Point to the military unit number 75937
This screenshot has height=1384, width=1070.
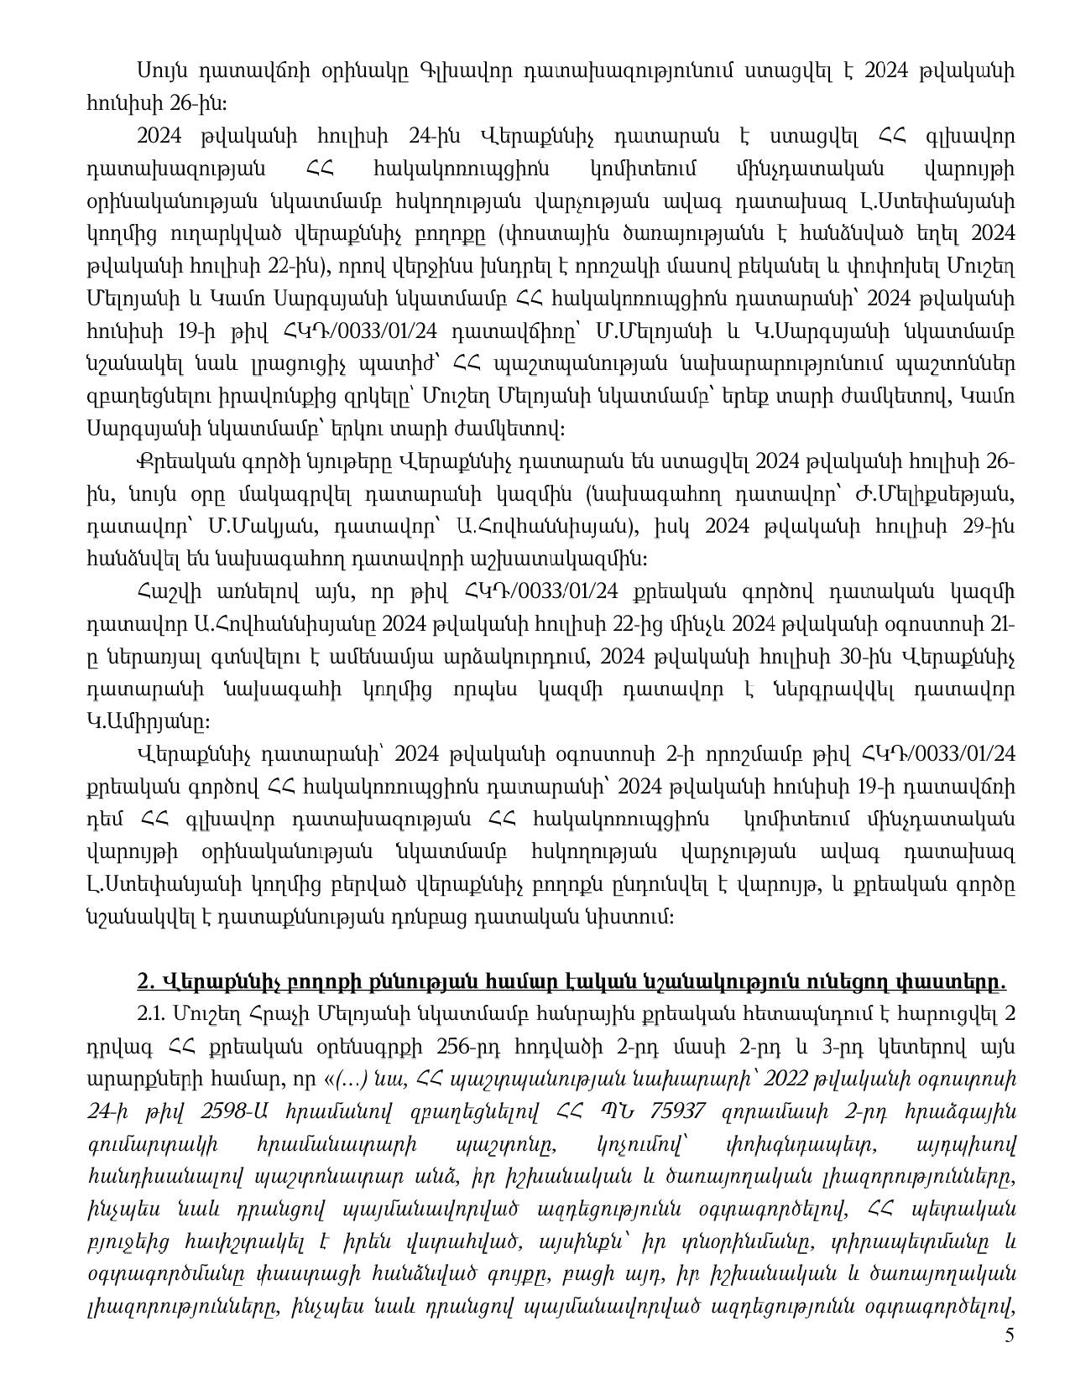pos(671,1110)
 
